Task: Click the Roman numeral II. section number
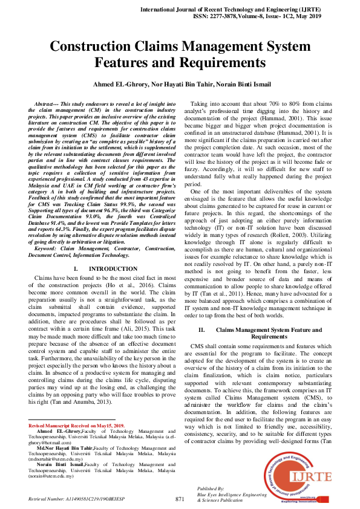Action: pyautogui.click(x=203, y=329)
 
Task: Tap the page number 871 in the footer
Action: pyautogui.click(x=180, y=499)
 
